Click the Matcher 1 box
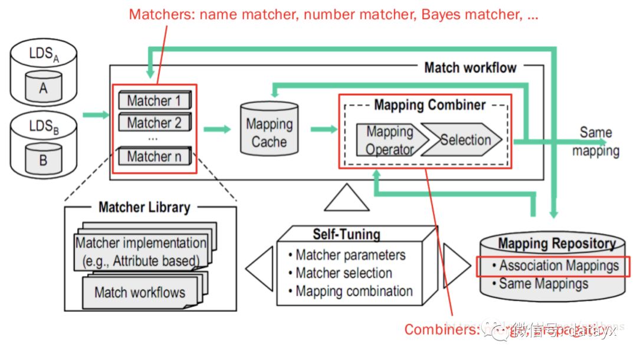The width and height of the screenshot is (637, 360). (x=155, y=101)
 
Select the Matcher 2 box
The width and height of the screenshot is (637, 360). (x=155, y=123)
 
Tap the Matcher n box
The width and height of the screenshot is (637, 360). (x=155, y=156)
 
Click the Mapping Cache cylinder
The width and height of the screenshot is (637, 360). (x=269, y=133)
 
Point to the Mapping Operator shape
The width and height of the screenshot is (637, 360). (x=390, y=140)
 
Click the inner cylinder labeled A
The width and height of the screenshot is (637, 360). (x=43, y=88)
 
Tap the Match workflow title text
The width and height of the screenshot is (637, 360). (x=470, y=67)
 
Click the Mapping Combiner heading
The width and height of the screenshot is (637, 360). (x=429, y=106)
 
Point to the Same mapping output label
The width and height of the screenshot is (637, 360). (x=596, y=142)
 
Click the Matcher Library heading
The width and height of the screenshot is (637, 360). (x=145, y=207)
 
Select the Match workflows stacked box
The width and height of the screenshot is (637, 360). (x=140, y=292)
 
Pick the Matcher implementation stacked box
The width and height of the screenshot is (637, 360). (x=141, y=251)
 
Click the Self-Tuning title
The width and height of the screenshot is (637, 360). (x=346, y=234)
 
